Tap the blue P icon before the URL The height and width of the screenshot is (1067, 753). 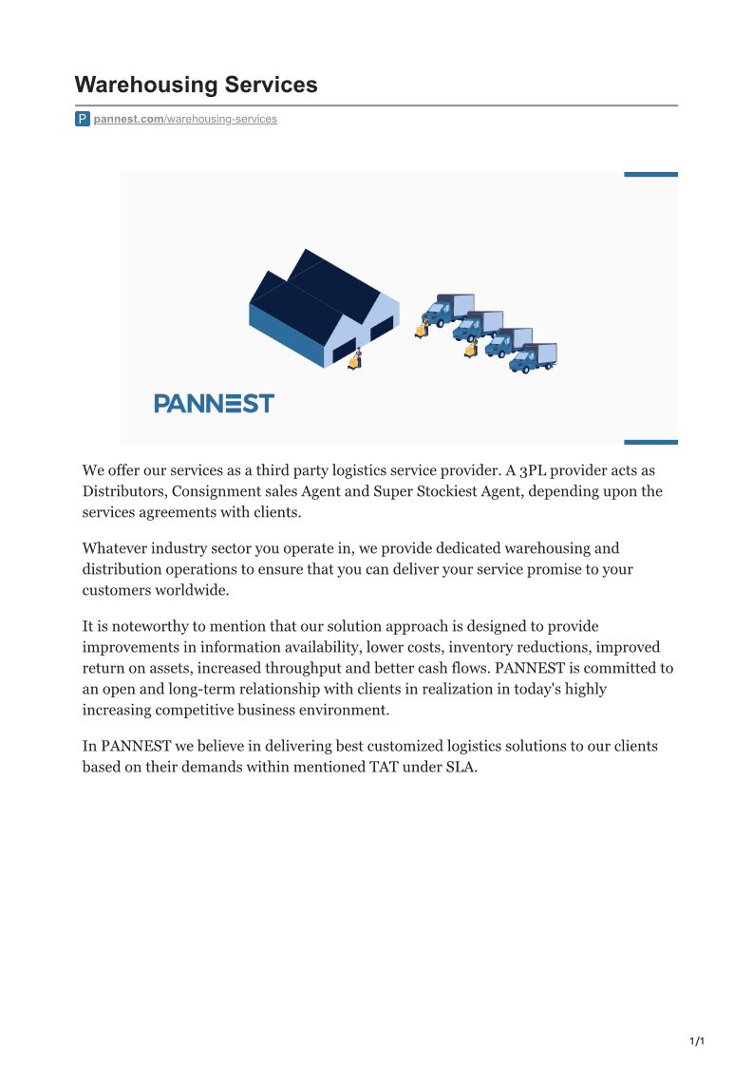[83, 119]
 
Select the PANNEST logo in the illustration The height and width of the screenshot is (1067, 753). [214, 403]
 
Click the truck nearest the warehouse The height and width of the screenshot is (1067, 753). [447, 309]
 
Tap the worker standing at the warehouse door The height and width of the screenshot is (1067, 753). [355, 359]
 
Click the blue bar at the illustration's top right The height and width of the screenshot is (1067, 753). [650, 174]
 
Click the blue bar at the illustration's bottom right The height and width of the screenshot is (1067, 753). [650, 442]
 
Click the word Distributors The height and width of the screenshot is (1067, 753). [122, 491]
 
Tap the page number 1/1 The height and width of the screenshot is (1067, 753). [696, 1042]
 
